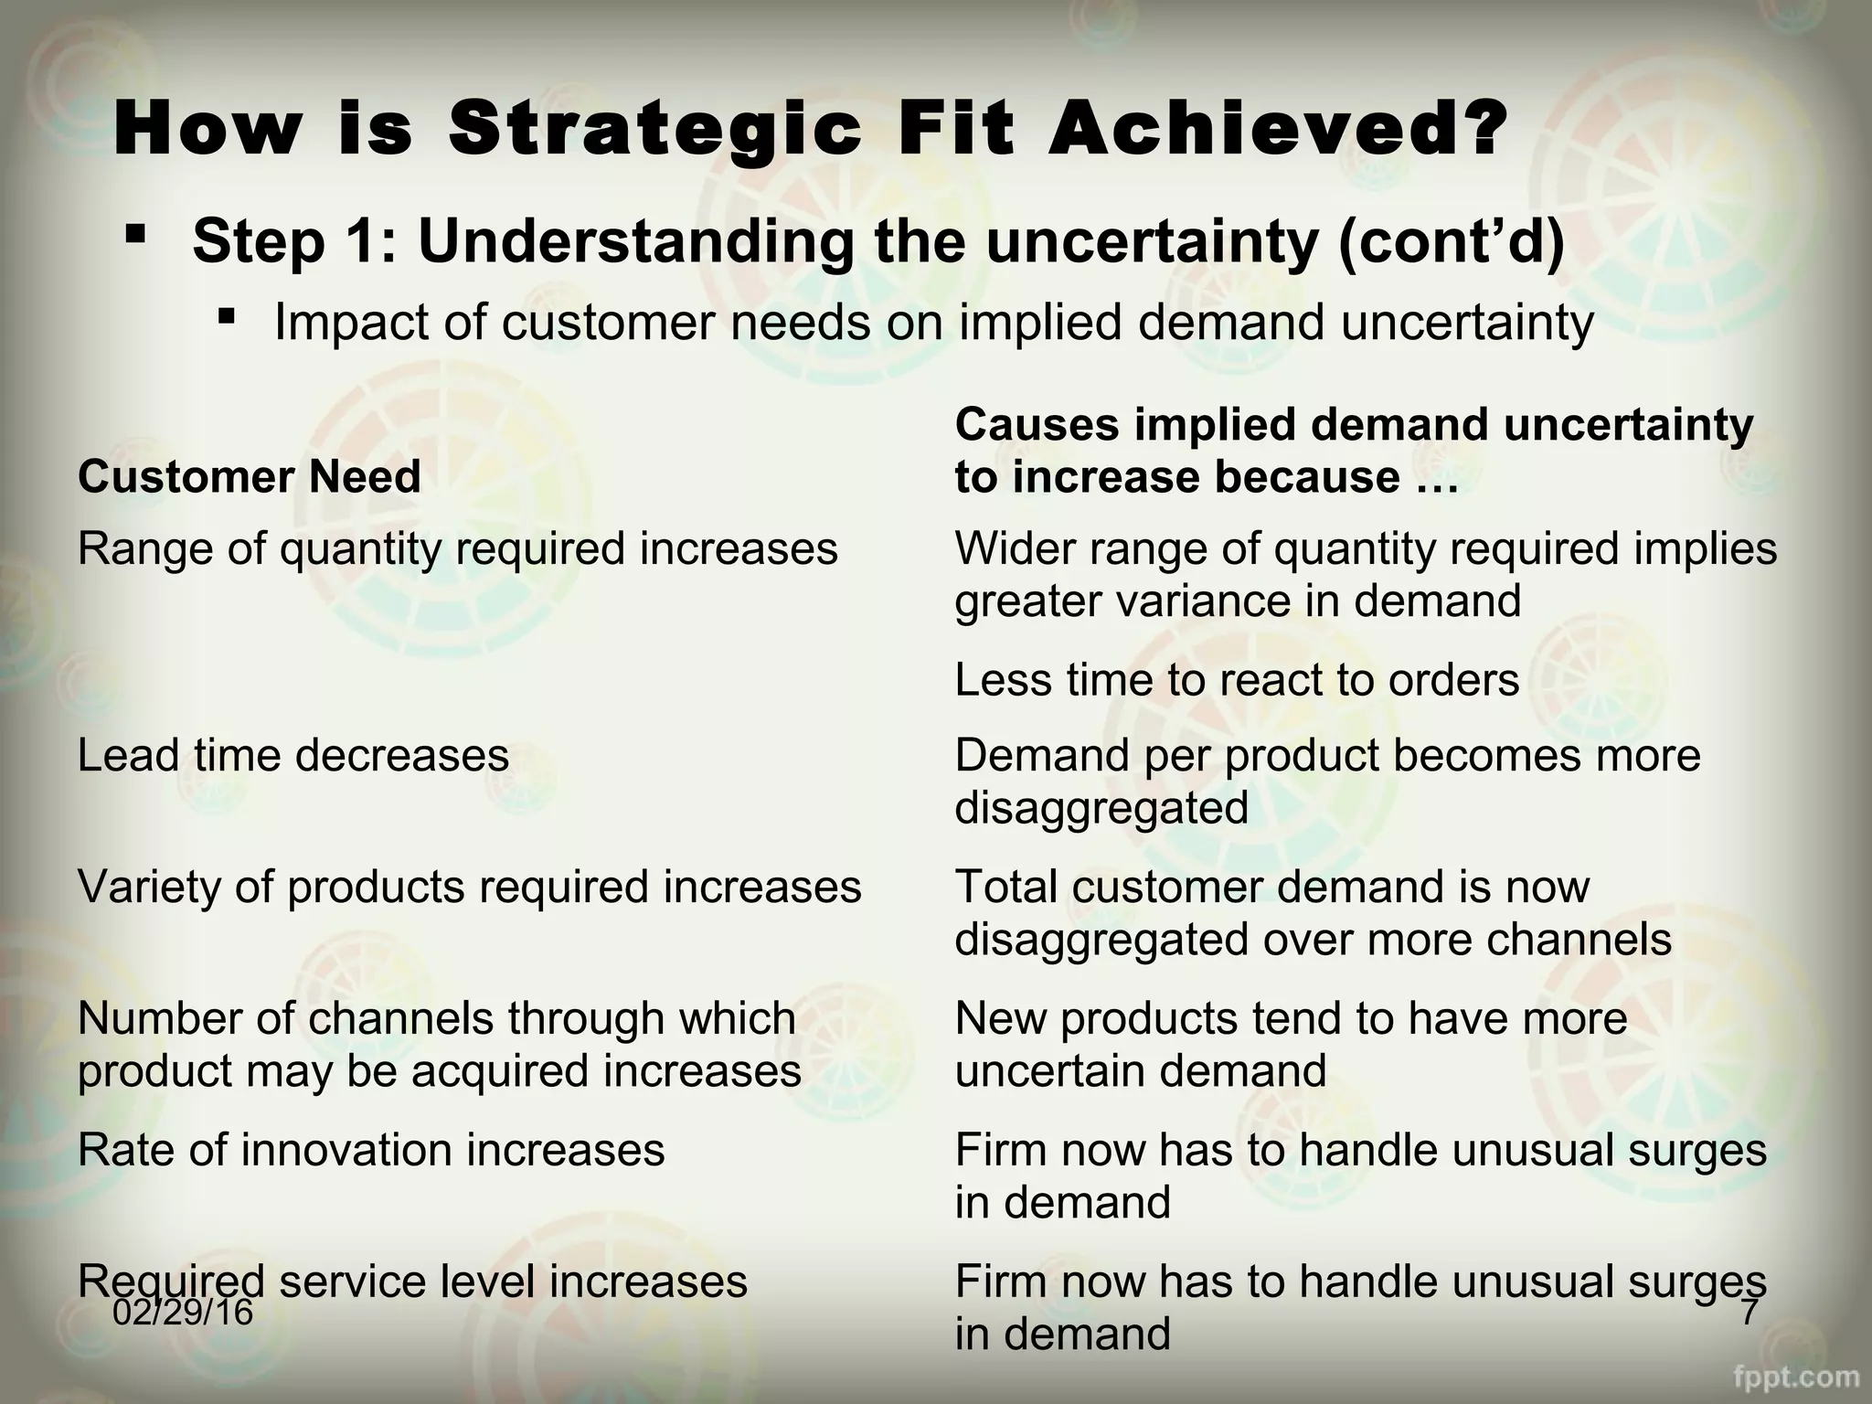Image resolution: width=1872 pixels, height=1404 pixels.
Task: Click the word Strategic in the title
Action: pos(654,131)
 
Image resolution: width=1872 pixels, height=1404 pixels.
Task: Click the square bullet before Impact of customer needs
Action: pos(228,317)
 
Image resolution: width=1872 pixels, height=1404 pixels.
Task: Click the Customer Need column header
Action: pos(249,477)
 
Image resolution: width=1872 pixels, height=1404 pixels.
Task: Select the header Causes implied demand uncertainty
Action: pos(1354,425)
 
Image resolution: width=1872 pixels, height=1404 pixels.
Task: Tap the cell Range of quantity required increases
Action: pos(457,549)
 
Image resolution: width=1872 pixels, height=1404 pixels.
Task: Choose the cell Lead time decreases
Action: pos(292,756)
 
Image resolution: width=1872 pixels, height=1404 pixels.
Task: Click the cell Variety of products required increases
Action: pos(469,887)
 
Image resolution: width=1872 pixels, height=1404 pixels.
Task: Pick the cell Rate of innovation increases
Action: pos(371,1150)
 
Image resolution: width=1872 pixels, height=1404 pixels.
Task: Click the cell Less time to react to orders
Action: pos(1236,680)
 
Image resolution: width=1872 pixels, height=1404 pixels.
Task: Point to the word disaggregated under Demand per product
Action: pos(1101,808)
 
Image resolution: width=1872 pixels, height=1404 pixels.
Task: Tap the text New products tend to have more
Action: pos(1291,1018)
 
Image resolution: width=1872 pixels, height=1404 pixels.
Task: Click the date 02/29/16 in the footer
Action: pos(183,1313)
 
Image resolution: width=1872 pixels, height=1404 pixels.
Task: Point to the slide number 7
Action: pos(1750,1313)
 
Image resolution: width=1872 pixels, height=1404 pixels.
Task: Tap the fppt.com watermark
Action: pos(1797,1377)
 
